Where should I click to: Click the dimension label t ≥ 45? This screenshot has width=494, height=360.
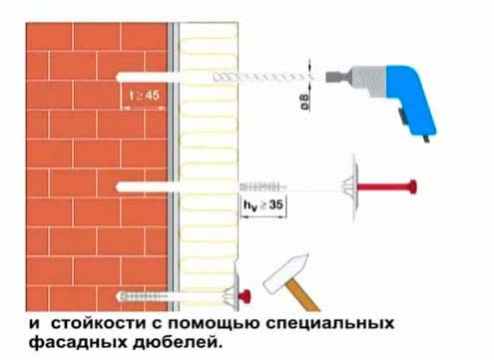146,96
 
